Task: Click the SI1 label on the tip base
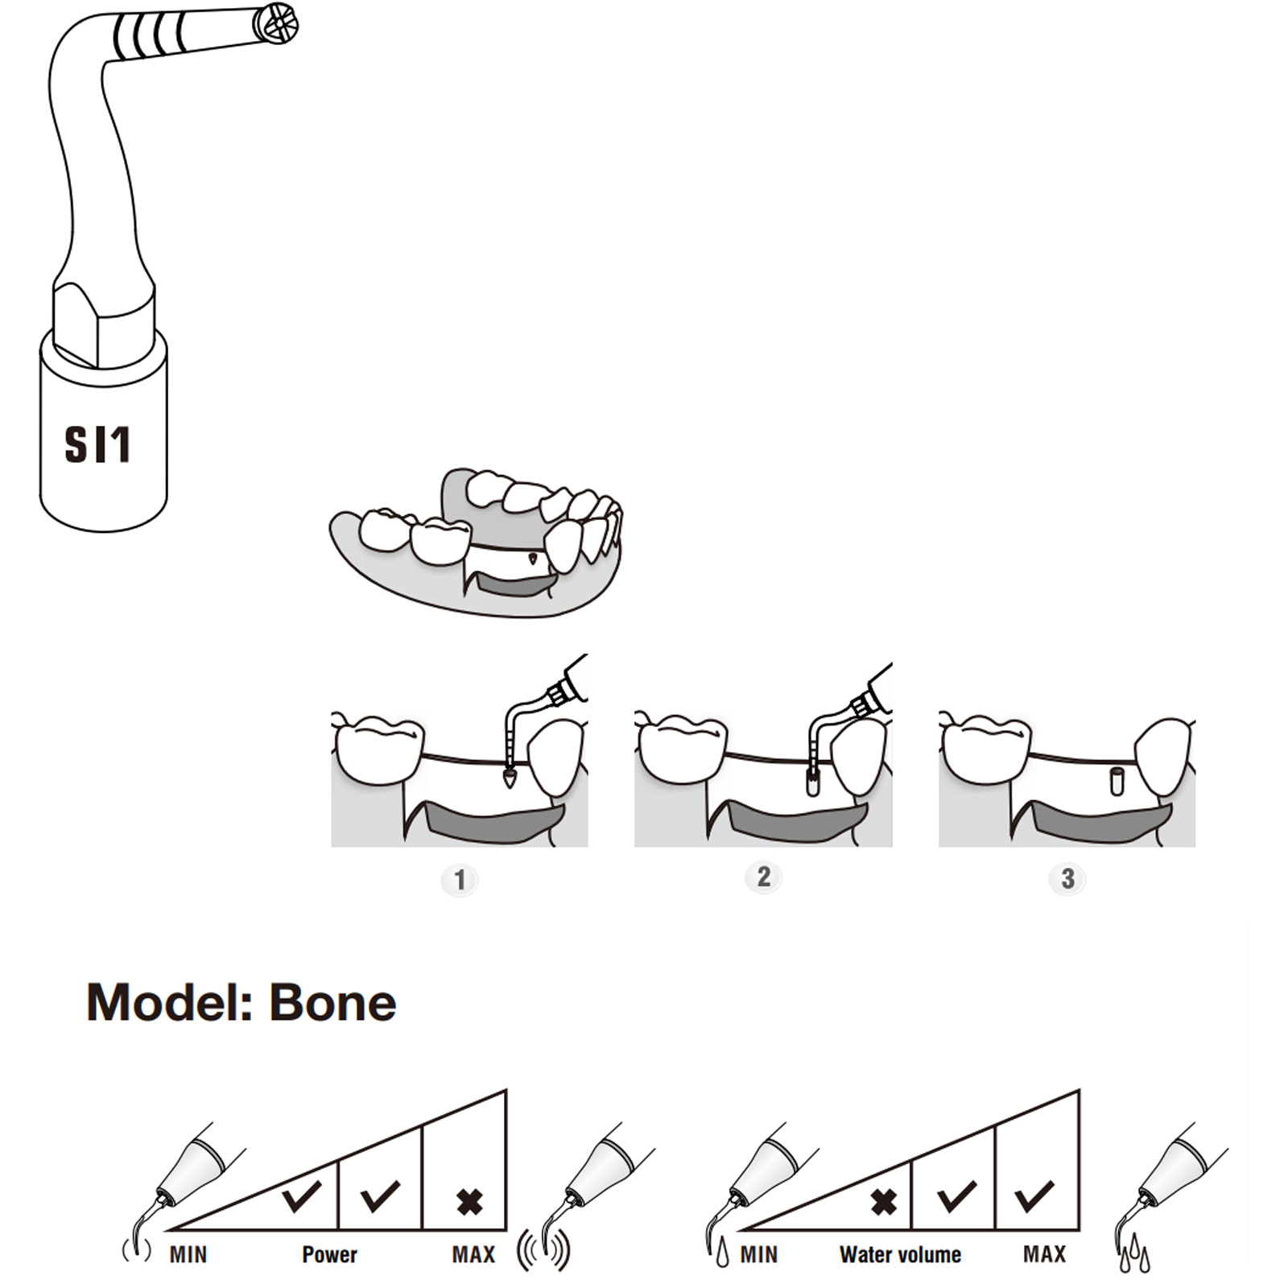[x=97, y=444]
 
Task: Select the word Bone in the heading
[x=332, y=1003]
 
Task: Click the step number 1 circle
[x=460, y=880]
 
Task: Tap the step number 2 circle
[x=763, y=877]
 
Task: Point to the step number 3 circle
[x=1067, y=879]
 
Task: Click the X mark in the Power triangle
[x=469, y=1202]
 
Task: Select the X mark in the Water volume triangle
[x=883, y=1202]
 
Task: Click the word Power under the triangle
[x=329, y=1254]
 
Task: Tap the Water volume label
[x=900, y=1254]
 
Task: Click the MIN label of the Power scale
[x=188, y=1254]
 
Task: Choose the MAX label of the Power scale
[x=473, y=1254]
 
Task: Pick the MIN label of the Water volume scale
[x=759, y=1254]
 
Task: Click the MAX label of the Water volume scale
[x=1044, y=1254]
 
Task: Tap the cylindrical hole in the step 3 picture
[x=1116, y=781]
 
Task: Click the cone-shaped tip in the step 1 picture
[x=509, y=778]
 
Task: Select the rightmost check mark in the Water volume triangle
[x=1034, y=1196]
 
